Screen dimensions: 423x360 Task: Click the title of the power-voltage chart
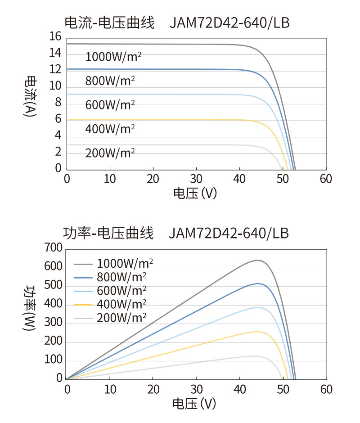(x=176, y=234)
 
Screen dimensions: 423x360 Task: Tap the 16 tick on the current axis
(x=55, y=37)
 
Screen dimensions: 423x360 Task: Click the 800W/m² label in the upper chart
(x=110, y=81)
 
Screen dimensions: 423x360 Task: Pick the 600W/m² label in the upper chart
(x=110, y=105)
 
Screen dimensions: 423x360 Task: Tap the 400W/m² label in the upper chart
(x=110, y=129)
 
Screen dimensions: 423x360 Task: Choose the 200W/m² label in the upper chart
(x=110, y=153)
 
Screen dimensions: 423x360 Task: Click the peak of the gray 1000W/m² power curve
(x=257, y=260)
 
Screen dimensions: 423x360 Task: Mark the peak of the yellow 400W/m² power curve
(x=256, y=332)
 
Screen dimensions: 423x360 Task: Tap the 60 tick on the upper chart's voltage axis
(x=325, y=179)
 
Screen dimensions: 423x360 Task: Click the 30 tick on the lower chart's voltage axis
(x=197, y=389)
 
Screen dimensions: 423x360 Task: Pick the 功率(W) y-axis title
(x=30, y=309)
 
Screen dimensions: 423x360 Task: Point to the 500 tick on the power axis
(x=53, y=287)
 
